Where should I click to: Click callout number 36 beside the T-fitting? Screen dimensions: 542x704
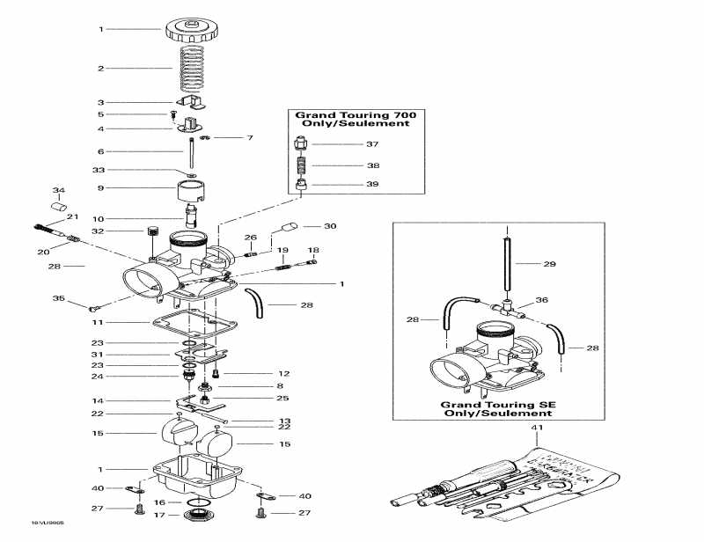click(x=542, y=300)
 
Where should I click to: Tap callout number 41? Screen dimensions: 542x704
click(x=532, y=428)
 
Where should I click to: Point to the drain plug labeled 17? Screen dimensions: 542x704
click(x=199, y=515)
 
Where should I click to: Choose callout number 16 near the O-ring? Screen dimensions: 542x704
click(x=158, y=502)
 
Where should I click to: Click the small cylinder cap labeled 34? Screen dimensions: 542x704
click(x=60, y=208)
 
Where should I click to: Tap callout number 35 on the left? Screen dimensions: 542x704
click(x=59, y=299)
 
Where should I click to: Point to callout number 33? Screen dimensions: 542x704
click(x=99, y=170)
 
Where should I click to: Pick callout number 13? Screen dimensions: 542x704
click(x=284, y=421)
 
